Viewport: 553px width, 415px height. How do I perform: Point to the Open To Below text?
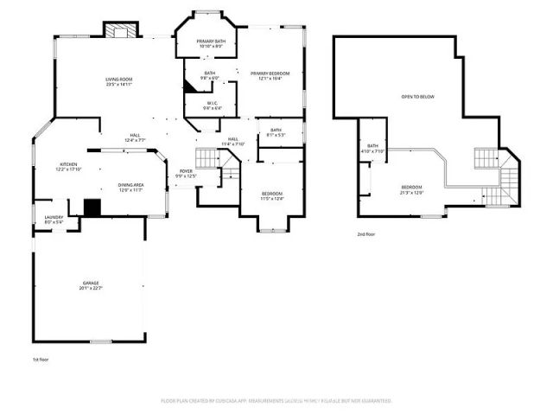416,97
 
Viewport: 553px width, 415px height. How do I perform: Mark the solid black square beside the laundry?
92,207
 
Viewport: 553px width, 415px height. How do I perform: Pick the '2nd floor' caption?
367,233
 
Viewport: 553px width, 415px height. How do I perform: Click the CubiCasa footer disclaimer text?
276,401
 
